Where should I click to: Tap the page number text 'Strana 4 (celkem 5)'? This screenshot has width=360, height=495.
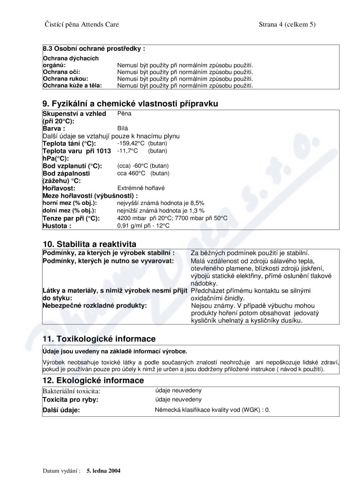point(287,24)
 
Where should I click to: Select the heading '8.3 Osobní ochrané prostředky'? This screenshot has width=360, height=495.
point(94,48)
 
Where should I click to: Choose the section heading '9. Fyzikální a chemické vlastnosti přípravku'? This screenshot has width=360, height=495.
point(130,103)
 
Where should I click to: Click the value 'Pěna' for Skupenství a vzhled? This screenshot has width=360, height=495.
point(123,114)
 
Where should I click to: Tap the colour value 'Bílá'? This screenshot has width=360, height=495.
point(122,128)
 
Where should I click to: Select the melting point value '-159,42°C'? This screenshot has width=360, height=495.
point(130,144)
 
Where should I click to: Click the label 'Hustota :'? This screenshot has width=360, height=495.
point(57,226)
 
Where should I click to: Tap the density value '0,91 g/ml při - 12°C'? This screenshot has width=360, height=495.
point(143,226)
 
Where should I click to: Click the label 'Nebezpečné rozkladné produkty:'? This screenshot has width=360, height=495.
point(95,306)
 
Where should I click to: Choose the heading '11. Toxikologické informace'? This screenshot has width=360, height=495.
point(99,339)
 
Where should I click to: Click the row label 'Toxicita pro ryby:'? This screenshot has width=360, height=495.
point(71,400)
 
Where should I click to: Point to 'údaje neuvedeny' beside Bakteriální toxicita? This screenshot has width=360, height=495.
point(179,391)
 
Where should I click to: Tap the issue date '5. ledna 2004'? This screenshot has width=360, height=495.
point(103,471)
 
